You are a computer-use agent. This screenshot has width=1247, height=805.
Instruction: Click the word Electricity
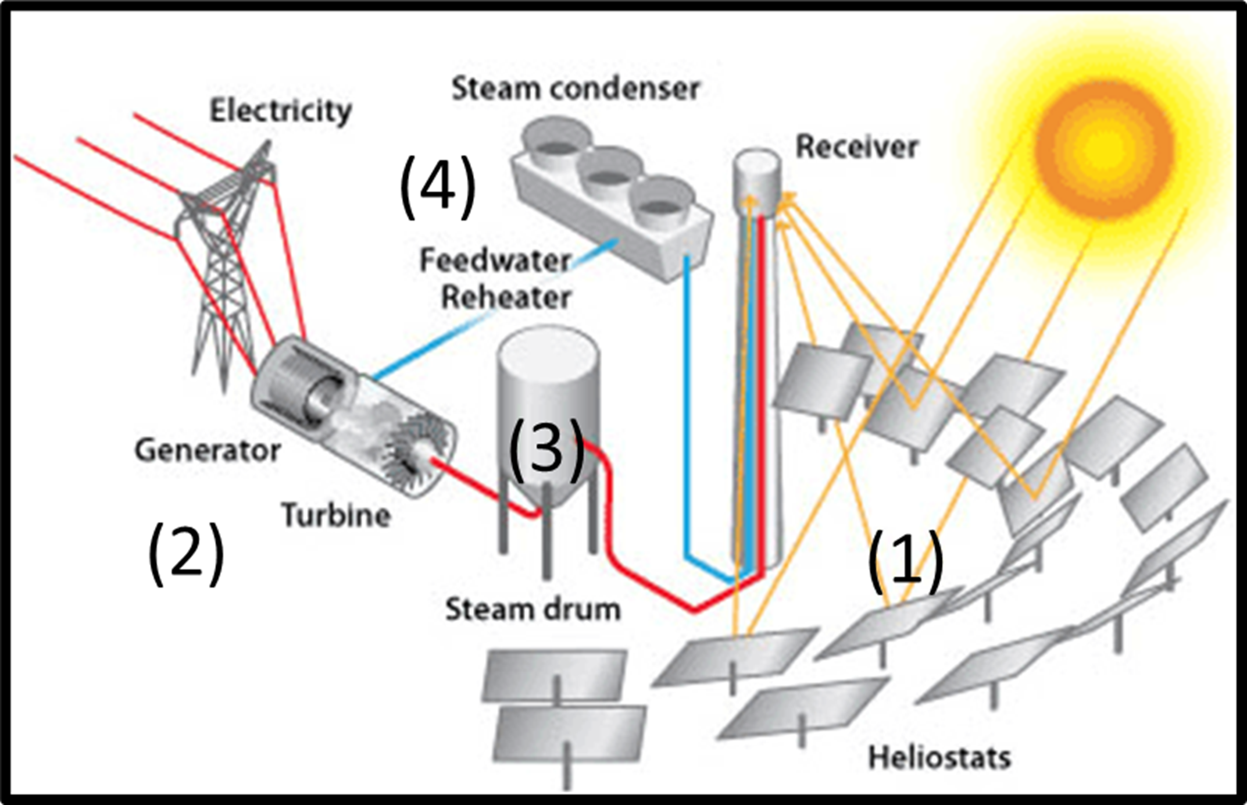280,111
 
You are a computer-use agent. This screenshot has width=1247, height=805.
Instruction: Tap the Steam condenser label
576,89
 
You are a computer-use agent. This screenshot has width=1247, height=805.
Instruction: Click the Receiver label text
856,147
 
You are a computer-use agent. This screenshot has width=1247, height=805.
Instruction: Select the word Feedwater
495,261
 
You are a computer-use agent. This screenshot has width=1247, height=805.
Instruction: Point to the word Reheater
506,297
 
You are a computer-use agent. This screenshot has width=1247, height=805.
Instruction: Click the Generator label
208,451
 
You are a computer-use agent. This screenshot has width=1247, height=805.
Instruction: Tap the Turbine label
336,515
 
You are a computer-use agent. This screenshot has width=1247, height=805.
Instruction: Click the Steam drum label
533,610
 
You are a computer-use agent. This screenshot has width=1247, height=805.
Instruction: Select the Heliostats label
939,758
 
